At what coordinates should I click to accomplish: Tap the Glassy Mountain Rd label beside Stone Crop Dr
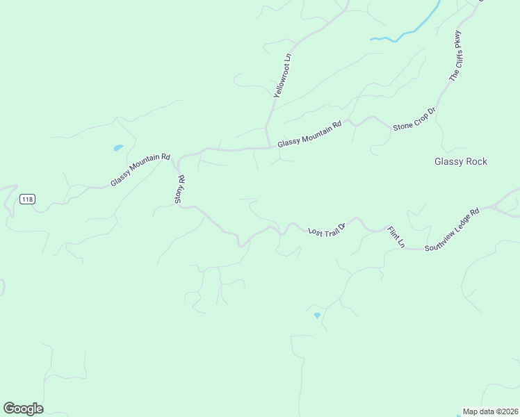coord(309,134)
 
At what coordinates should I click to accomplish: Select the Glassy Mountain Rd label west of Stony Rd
coord(140,170)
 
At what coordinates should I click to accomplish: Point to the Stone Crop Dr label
coord(414,119)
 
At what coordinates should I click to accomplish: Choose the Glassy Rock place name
coord(461,161)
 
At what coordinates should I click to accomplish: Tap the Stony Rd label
coord(179,189)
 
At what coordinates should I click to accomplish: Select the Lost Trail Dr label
coord(327,228)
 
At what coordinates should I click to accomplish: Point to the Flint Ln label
coord(396,237)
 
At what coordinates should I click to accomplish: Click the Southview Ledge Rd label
coord(453,229)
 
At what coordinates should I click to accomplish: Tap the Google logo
coord(23,408)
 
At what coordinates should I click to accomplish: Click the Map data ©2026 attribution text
coord(490,411)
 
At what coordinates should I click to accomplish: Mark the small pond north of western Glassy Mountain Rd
coord(118,147)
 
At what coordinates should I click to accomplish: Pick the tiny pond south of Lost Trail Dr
coord(317,316)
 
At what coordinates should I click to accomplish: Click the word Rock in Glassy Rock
coord(476,161)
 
